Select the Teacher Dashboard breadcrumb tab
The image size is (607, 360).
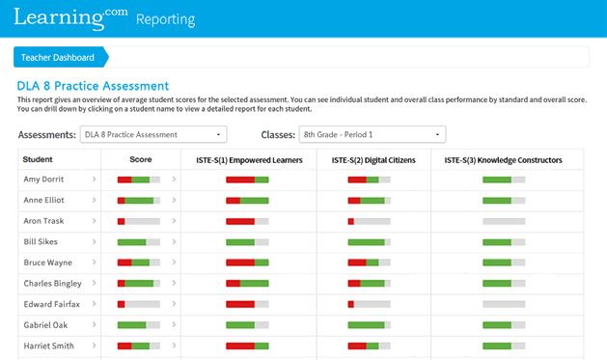58,57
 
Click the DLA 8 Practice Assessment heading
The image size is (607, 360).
93,86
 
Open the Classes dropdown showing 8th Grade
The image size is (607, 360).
372,134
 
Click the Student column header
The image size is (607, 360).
38,159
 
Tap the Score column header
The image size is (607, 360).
140,159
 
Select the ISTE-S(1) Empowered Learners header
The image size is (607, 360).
247,159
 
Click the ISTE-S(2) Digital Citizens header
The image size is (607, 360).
373,159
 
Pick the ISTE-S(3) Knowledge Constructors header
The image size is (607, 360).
502,159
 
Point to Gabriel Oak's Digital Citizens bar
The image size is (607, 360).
369,325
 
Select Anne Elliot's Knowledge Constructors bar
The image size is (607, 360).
503,201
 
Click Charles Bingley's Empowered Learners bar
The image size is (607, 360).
247,284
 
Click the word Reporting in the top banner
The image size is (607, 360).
165,19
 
